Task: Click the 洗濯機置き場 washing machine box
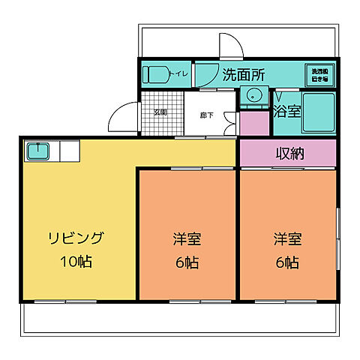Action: click(x=319, y=75)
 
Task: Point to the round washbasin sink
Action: click(x=254, y=95)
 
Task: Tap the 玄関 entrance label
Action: click(x=160, y=113)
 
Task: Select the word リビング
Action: click(x=76, y=239)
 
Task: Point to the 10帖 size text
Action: click(x=76, y=262)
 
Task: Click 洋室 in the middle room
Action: click(x=187, y=240)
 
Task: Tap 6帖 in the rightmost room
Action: click(x=286, y=262)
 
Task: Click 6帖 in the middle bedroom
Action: click(x=187, y=262)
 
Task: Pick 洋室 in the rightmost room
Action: click(x=286, y=240)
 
